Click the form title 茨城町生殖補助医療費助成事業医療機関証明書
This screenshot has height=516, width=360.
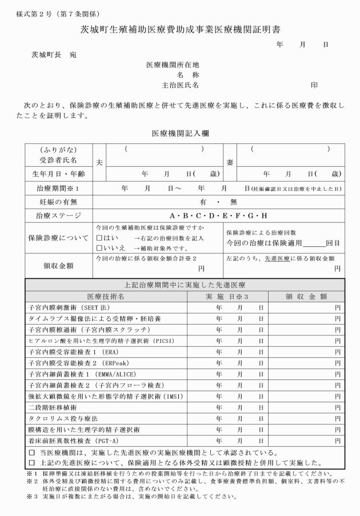coord(179,29)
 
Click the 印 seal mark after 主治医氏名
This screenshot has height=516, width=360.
coord(314,85)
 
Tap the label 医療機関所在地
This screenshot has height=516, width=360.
coord(173,65)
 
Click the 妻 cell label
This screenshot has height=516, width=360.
coord(230,162)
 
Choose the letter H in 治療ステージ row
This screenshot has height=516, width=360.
coord(265,215)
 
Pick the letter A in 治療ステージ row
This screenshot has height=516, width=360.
coord(173,215)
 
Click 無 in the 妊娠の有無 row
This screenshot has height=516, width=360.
coord(233,202)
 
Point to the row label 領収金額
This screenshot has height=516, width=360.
coord(58,266)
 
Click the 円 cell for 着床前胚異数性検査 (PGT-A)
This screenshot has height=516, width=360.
coord(338,441)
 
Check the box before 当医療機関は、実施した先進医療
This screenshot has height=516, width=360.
coord(31,453)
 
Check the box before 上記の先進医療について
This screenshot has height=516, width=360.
coord(31,463)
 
